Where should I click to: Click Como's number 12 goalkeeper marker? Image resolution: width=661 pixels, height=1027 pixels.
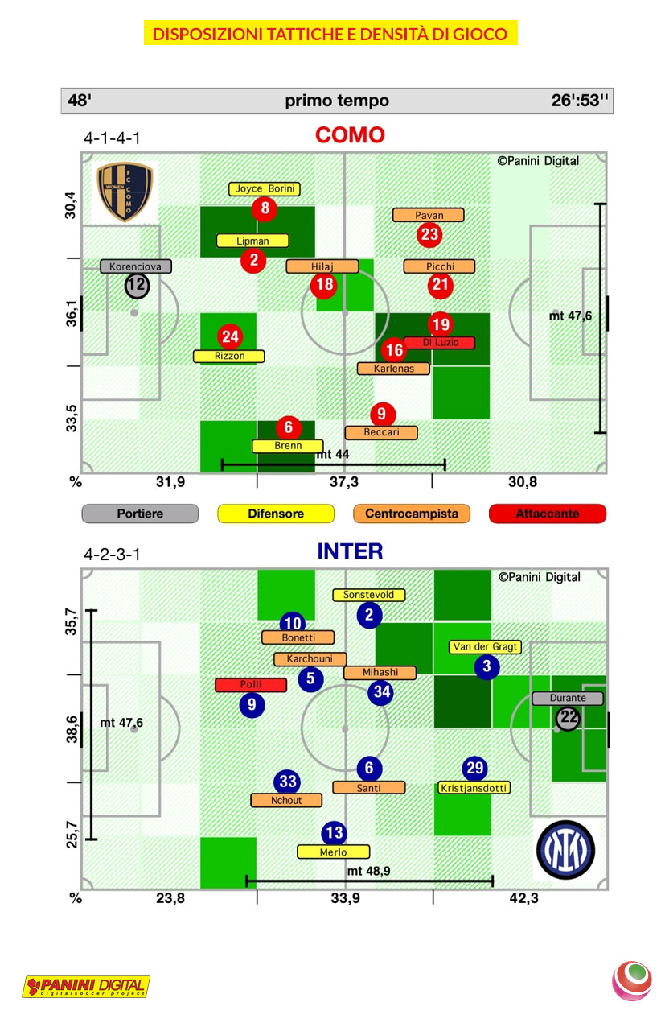137,285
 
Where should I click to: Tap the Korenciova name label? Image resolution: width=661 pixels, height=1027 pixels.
136,266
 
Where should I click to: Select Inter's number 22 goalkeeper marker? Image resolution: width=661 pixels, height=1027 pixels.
569,718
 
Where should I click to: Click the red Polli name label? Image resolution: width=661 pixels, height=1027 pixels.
251,685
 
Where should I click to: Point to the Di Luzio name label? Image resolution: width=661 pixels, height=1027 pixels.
440,342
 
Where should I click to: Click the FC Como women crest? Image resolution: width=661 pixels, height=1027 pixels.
125,192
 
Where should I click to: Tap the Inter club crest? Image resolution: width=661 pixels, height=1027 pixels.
566,849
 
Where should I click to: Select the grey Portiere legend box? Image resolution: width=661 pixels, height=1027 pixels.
140,513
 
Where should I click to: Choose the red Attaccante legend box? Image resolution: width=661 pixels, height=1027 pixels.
548,513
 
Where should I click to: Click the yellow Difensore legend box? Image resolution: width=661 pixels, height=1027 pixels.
276,513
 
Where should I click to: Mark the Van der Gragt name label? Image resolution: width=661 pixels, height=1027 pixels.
486,647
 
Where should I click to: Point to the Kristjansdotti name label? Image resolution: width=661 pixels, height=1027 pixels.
475,788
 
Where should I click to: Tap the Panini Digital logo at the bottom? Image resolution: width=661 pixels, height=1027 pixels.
86,986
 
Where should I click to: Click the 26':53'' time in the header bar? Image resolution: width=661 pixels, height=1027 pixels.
580,101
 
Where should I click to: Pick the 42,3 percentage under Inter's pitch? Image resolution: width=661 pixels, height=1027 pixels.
523,899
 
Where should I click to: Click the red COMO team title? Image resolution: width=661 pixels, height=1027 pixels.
350,134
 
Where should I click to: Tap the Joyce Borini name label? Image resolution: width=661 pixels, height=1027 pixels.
265,189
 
